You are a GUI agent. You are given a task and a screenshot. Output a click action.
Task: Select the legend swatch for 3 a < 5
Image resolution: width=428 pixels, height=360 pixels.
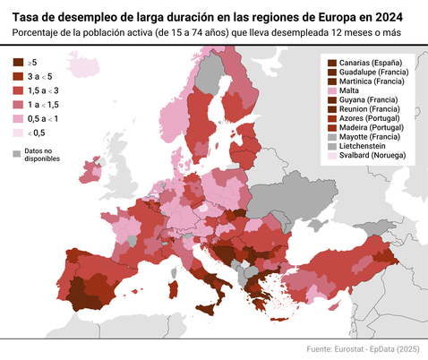coord(18,77)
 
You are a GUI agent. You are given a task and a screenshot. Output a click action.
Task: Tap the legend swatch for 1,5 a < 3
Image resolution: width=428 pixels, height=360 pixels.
coord(18,90)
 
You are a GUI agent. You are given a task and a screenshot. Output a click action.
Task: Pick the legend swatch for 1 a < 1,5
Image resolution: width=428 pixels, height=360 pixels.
coord(18,105)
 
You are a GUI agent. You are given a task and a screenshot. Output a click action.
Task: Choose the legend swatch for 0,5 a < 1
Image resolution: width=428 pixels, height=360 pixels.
coord(18,118)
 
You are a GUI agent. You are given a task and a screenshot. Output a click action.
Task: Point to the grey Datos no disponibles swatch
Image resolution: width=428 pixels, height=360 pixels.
coord(17,154)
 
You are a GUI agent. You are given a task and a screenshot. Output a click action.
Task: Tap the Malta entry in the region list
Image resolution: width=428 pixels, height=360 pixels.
coord(350,90)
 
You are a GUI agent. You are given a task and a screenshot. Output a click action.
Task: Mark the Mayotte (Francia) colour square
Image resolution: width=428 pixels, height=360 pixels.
coord(332,137)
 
